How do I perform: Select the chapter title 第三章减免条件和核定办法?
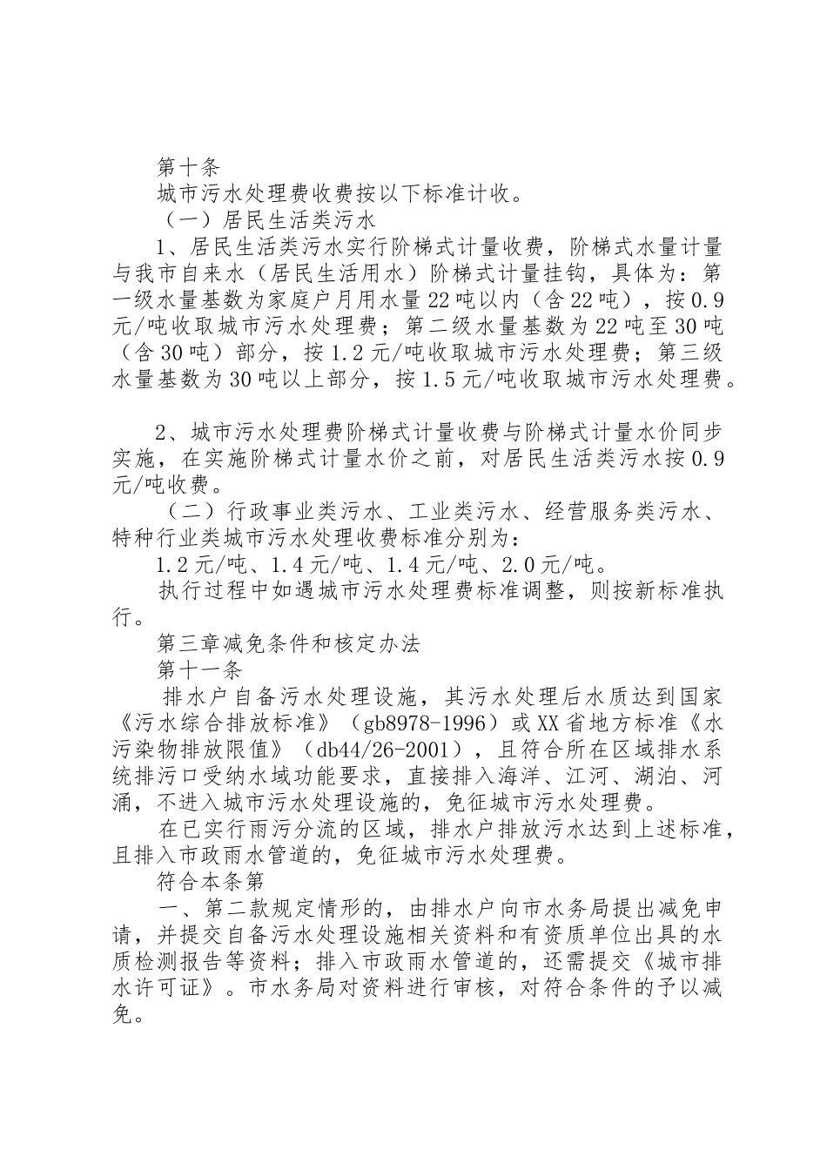click(288, 644)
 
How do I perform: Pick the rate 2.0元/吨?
click(540, 565)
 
